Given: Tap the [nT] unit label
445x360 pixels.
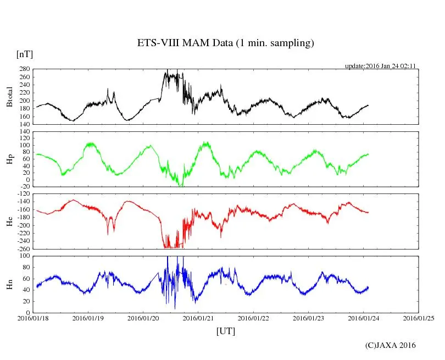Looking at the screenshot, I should [25, 54].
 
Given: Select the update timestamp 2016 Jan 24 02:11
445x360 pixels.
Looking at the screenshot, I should [380, 66].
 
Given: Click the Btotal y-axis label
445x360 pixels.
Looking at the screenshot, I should [9, 97].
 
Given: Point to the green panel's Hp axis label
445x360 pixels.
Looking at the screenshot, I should [9, 159].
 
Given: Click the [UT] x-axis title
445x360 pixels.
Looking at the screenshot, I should [226, 331].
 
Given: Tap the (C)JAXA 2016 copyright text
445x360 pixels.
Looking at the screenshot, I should [391, 345].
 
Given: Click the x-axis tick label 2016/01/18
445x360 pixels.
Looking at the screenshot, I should [34, 318].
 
